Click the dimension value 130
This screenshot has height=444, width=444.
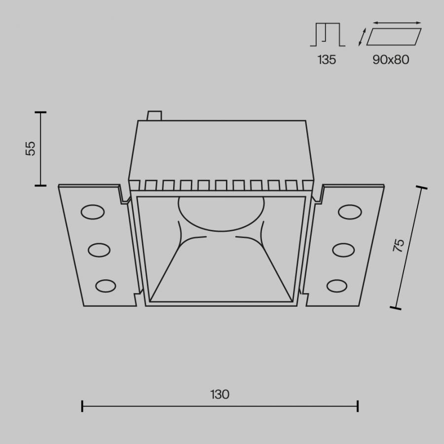[220, 395]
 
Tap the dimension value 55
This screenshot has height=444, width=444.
[31, 148]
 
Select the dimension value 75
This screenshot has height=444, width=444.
[399, 246]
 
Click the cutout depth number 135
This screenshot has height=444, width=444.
[327, 60]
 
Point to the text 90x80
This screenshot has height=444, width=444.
[391, 60]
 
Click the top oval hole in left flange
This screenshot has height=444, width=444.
[93, 212]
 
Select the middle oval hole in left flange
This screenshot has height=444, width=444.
[99, 250]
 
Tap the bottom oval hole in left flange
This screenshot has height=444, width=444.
[106, 286]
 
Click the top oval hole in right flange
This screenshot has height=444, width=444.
[350, 212]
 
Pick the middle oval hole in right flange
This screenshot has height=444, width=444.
[343, 250]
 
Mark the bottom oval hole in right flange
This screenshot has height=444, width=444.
[337, 286]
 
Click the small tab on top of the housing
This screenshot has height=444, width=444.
[154, 115]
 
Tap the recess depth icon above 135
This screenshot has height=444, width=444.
[328, 35]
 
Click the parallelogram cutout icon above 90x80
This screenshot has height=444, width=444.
[394, 37]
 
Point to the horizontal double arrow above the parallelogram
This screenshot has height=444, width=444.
[398, 23]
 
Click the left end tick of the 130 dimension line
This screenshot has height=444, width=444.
[82, 406]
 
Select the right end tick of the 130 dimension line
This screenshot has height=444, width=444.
[358, 406]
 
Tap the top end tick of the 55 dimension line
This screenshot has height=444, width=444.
[40, 112]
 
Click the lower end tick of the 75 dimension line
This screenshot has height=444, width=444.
[395, 308]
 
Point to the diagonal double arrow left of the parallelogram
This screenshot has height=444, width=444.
[362, 37]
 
